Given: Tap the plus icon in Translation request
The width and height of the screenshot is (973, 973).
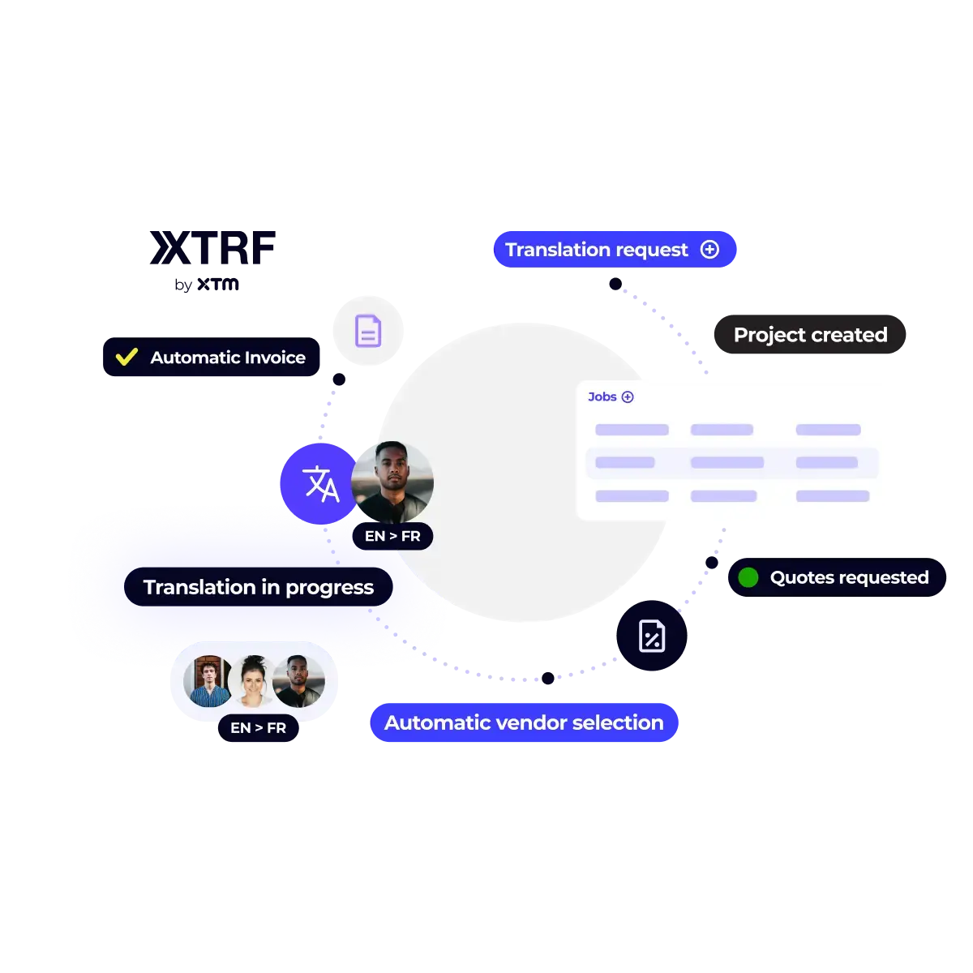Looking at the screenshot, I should (709, 250).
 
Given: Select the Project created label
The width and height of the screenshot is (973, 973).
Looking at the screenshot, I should (810, 335).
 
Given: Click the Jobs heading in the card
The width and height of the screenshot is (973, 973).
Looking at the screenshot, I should (602, 396).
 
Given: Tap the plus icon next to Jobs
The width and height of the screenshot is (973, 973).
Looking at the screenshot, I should (628, 396).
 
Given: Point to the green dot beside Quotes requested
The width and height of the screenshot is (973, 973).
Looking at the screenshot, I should (748, 577).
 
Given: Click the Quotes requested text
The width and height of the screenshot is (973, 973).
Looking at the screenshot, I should (849, 577).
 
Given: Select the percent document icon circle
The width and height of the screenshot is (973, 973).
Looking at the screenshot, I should (652, 637).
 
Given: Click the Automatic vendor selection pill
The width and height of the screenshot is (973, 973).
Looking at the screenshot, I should (524, 722).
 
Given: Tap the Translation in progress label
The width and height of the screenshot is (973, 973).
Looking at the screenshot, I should (258, 587).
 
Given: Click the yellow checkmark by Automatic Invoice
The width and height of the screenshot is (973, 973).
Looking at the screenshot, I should (126, 357).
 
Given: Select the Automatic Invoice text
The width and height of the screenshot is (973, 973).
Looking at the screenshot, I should (228, 358).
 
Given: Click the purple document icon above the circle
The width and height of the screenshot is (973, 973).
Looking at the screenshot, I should (368, 331).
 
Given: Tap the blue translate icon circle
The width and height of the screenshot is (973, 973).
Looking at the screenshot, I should (319, 484).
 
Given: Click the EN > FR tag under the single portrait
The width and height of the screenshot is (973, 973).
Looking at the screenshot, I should (392, 536).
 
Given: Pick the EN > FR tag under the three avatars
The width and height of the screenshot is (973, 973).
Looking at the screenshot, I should (258, 728).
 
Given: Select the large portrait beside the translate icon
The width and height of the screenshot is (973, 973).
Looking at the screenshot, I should (393, 482).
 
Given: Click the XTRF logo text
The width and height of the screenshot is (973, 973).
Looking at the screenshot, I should (212, 248).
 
